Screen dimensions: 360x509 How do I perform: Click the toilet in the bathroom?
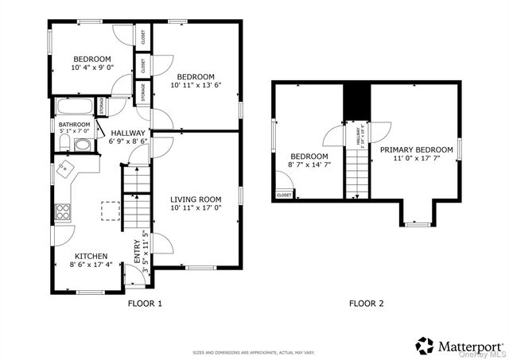pyautogui.click(x=64, y=143)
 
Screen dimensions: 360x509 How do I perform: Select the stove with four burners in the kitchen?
pyautogui.click(x=63, y=211)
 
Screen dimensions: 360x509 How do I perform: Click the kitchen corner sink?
pyautogui.click(x=67, y=168)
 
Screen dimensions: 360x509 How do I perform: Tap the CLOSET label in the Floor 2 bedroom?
pyautogui.click(x=284, y=194)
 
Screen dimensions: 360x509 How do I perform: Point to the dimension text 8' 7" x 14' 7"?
pyautogui.click(x=309, y=165)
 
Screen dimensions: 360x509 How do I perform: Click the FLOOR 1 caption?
pyautogui.click(x=145, y=304)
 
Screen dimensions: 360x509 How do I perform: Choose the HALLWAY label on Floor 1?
pyautogui.click(x=128, y=133)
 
